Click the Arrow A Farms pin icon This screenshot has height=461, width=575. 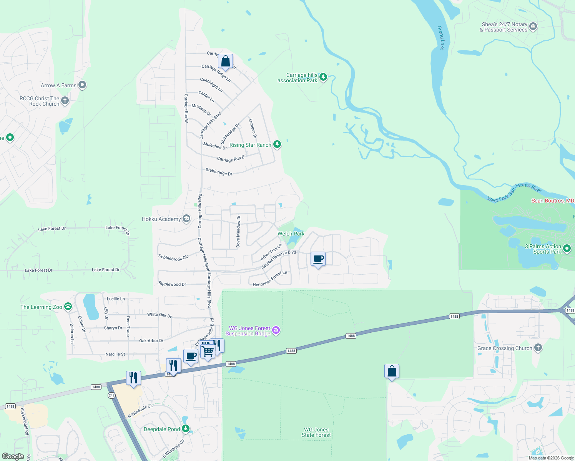coord(82,85)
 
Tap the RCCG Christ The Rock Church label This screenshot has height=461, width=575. coord(40,101)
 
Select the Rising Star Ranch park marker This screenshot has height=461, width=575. coord(277,144)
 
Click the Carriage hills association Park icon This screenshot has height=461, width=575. coord(323,77)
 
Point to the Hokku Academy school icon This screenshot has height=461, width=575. coord(186,219)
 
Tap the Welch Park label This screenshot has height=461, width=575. coord(291,234)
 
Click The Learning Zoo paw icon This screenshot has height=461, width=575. coord(68,306)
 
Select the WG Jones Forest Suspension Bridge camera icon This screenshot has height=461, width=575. coord(276,330)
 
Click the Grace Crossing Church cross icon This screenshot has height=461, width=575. coord(538,348)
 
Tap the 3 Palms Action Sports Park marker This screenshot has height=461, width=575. coord(567,249)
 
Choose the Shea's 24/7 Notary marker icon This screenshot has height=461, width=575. coord(533,27)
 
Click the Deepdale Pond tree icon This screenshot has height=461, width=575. coord(186,428)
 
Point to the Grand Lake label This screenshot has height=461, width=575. coord(441,38)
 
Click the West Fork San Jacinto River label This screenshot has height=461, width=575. coord(514,192)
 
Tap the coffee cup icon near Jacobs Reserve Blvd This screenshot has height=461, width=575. coord(318,259)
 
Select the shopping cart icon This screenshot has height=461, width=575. coord(208,351)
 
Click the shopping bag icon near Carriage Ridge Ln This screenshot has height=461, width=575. coord(226,61)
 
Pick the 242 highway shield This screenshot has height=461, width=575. coord(111,395)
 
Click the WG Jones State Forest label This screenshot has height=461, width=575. coord(316,432)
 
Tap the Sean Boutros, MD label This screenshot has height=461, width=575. coord(553,201)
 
